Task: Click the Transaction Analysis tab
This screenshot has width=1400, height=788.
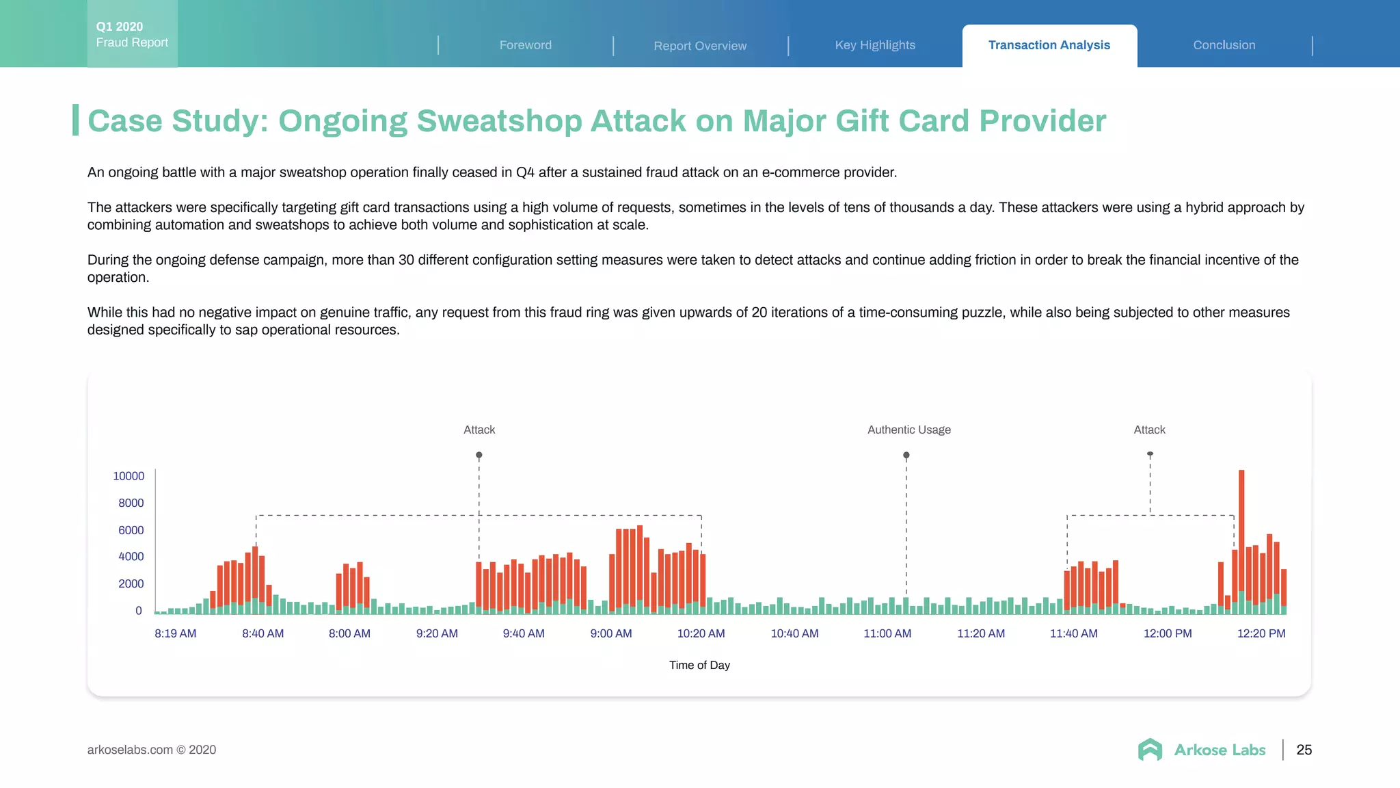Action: click(1049, 45)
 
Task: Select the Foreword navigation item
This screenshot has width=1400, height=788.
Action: click(525, 45)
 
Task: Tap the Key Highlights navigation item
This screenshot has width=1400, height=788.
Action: click(874, 45)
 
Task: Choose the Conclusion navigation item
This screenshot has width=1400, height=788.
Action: click(1224, 45)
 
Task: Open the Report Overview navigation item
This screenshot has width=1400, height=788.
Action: click(699, 46)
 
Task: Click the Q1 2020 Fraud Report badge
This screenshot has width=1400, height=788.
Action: click(132, 34)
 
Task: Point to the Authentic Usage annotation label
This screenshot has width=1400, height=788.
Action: click(908, 430)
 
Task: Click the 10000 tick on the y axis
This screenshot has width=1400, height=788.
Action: click(129, 476)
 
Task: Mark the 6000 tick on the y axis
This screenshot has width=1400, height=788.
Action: click(131, 530)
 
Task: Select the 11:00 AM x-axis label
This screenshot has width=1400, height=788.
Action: click(887, 633)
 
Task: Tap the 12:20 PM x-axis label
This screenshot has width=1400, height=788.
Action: click(1261, 633)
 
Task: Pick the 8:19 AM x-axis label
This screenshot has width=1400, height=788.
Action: click(175, 633)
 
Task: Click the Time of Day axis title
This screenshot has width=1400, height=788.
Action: click(699, 665)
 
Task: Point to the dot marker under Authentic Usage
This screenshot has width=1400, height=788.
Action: click(906, 455)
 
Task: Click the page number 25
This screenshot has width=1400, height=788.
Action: click(1304, 750)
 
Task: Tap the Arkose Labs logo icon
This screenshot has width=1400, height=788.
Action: click(1150, 750)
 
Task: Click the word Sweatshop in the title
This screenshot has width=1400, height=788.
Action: click(499, 121)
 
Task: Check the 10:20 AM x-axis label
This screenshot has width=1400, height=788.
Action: click(701, 633)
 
